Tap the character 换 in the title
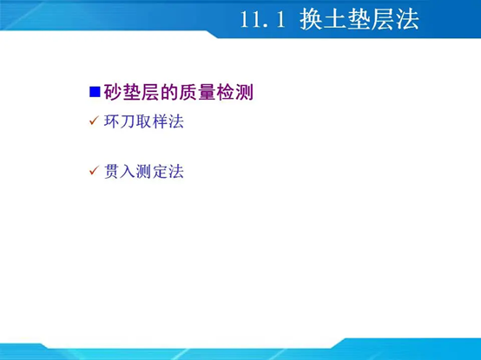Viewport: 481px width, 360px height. [x=313, y=19]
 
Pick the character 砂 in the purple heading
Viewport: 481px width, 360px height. [x=111, y=91]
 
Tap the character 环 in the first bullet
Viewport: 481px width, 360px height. [x=111, y=122]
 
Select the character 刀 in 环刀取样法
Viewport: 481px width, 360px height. [x=128, y=122]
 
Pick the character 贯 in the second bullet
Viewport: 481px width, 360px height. [x=111, y=172]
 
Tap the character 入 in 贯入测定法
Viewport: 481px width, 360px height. [x=128, y=172]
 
